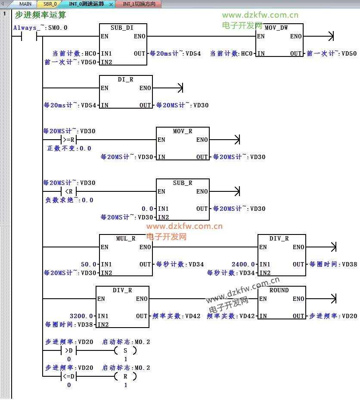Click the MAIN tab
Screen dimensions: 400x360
pos(25,4)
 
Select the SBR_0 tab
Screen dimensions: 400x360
pos(50,4)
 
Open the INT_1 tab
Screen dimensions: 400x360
pos(136,4)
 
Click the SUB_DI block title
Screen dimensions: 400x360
pos(122,28)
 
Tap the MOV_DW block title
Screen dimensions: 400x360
pos(276,28)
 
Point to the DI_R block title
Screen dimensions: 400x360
pos(125,80)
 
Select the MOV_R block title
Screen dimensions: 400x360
pos(183,131)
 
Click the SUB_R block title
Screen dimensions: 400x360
pos(183,183)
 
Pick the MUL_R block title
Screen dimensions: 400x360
pos(126,238)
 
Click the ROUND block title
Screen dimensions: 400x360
pos(279,290)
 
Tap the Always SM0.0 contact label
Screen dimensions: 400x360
pos(40,28)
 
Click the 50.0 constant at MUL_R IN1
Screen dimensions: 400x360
pos(89,264)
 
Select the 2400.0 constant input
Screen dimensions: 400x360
pos(244,264)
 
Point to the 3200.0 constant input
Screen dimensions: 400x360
pos(82,316)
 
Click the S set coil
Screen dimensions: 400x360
pos(125,350)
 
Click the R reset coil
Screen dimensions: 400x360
pos(125,376)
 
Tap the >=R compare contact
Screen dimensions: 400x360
pos(69,140)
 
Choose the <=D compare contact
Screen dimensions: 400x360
pos(69,376)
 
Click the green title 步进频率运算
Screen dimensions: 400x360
pos(40,15)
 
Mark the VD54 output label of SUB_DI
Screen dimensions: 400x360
pos(175,54)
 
